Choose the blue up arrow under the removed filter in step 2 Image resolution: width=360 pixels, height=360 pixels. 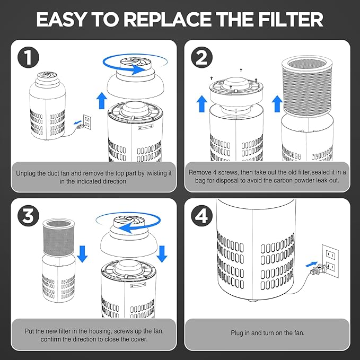coord(277,103)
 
